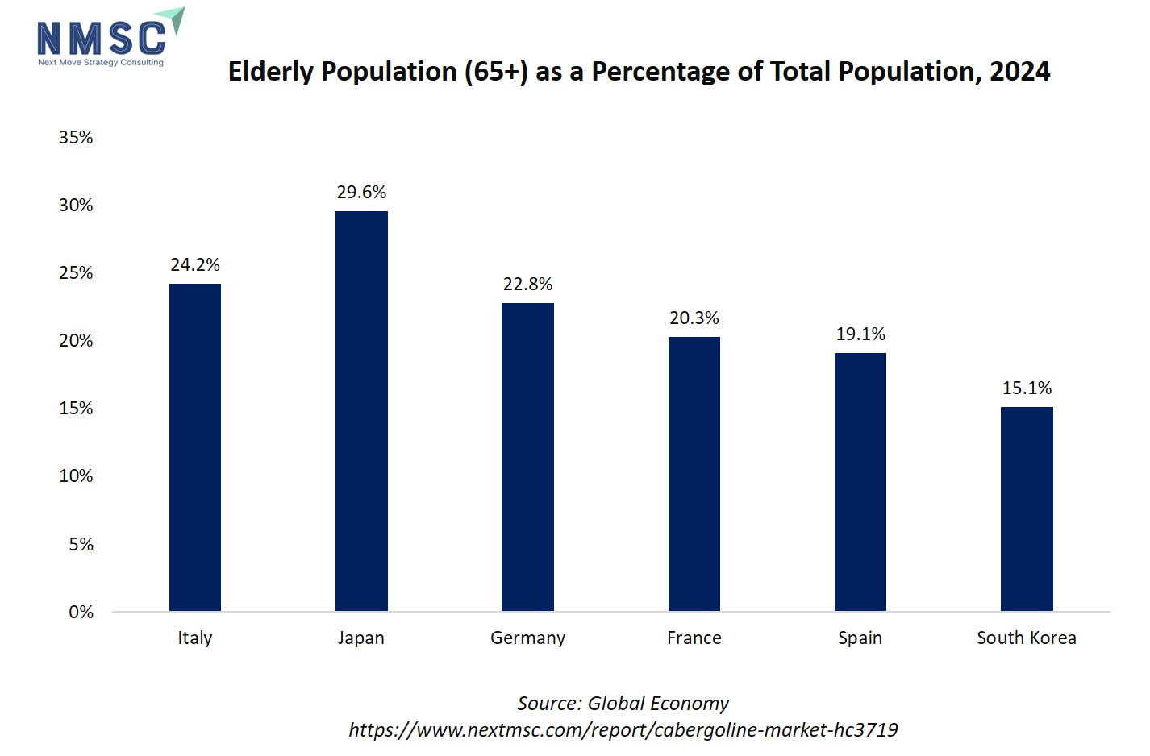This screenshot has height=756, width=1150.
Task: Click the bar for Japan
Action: [361, 411]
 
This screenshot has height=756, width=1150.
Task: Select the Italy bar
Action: [195, 447]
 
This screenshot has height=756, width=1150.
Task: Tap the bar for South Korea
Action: [1027, 509]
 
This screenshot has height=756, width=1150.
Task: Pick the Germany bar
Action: [527, 457]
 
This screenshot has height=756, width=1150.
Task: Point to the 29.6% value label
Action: [361, 193]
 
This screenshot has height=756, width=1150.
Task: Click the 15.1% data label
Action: [1027, 388]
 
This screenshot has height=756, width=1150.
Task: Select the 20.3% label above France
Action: [694, 318]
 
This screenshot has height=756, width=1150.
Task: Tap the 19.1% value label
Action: [860, 334]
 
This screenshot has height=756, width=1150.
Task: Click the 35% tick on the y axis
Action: [76, 138]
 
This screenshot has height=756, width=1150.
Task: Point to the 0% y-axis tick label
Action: [81, 613]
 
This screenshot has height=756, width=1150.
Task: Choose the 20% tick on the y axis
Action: [76, 341]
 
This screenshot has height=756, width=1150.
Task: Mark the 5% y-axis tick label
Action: [81, 545]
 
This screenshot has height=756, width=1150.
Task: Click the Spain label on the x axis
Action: [860, 638]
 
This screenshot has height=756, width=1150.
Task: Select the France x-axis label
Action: [694, 638]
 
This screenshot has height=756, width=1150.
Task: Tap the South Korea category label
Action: [1026, 638]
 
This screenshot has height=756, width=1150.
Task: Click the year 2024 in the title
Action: [1019, 72]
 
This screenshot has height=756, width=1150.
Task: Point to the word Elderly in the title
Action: [270, 72]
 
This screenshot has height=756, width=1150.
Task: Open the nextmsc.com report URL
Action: [623, 730]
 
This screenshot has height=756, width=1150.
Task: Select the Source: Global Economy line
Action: [623, 704]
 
